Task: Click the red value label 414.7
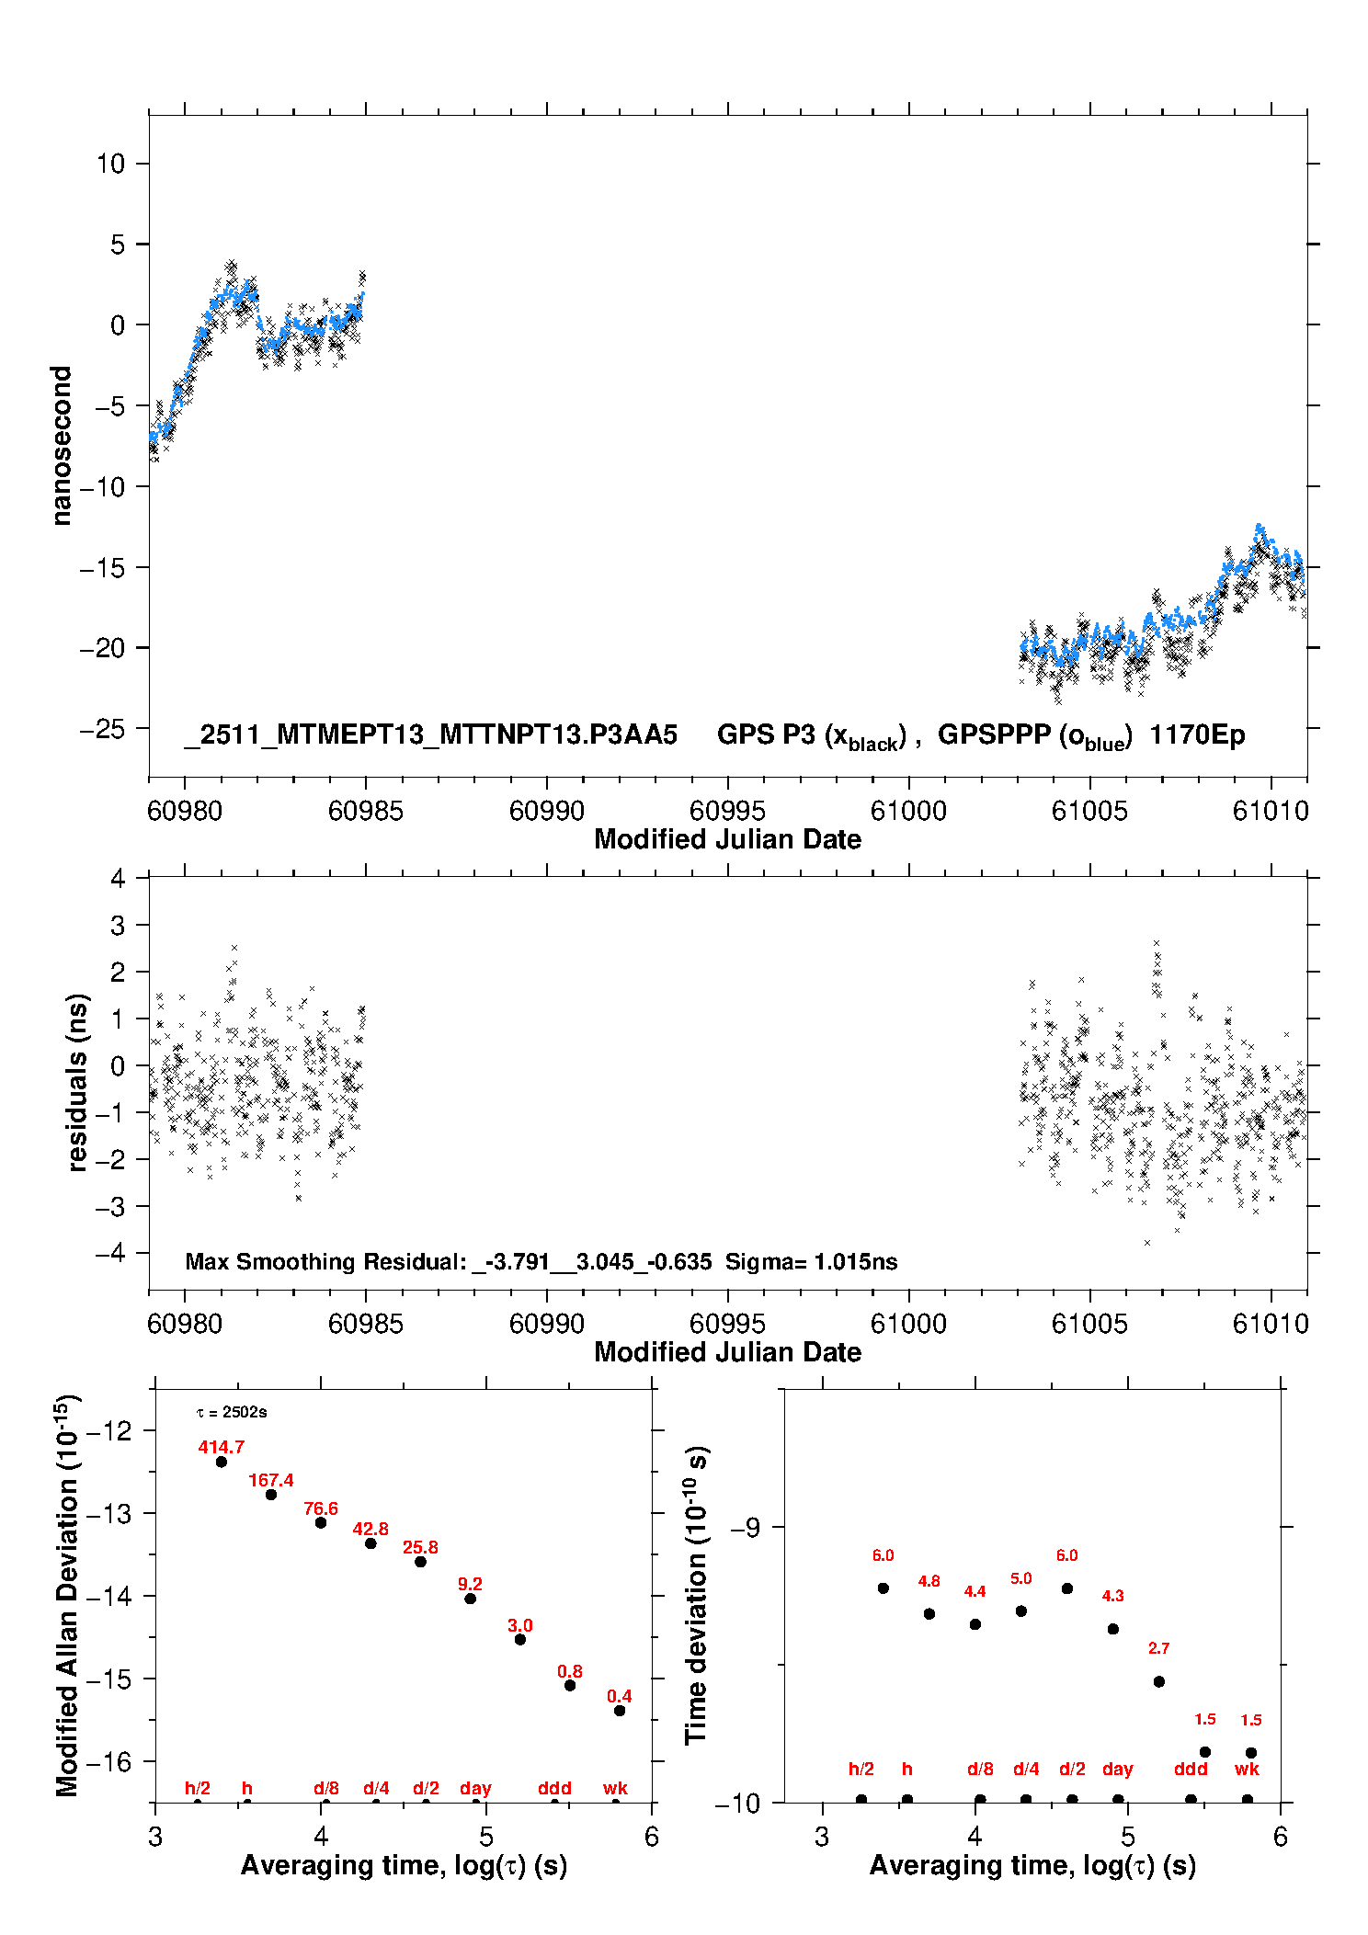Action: pos(221,1447)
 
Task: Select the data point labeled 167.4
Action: pos(271,1495)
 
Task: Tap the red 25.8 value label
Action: pos(420,1547)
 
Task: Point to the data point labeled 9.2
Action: pos(470,1599)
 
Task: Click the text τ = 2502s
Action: pos(232,1412)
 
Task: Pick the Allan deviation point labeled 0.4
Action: pos(620,1711)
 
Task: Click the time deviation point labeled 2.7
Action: pos(1159,1681)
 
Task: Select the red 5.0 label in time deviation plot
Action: pos(1020,1578)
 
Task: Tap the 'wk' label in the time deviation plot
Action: pos(1247,1769)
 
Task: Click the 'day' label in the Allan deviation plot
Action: pos(475,1788)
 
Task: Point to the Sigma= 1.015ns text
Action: pos(811,1261)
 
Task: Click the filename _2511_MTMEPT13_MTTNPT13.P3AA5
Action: pos(431,734)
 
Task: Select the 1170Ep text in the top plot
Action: pos(1197,734)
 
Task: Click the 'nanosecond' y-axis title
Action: pos(61,445)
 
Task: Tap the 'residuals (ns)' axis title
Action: pos(77,1082)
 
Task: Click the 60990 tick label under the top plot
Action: pos(546,811)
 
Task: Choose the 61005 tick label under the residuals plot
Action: pos(1089,1324)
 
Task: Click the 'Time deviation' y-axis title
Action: pos(696,1596)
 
